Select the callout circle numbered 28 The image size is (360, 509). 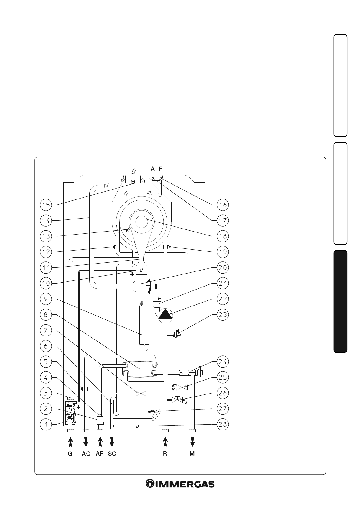[x=223, y=424]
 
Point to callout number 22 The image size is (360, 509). [x=223, y=299]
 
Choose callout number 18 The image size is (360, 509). [x=223, y=236]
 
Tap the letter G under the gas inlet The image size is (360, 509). [x=70, y=454]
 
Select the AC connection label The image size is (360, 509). [x=86, y=454]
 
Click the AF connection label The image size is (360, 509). [x=100, y=454]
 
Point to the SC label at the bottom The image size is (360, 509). [x=112, y=454]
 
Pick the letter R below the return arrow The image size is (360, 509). [x=165, y=454]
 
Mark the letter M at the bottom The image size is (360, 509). [x=192, y=454]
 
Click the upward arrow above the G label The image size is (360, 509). [x=70, y=442]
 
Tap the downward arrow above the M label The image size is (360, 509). [x=192, y=442]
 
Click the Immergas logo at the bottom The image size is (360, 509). [x=180, y=484]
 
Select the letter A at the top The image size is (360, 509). [x=153, y=169]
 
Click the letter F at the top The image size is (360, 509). [x=161, y=169]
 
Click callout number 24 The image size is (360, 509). [x=223, y=361]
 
